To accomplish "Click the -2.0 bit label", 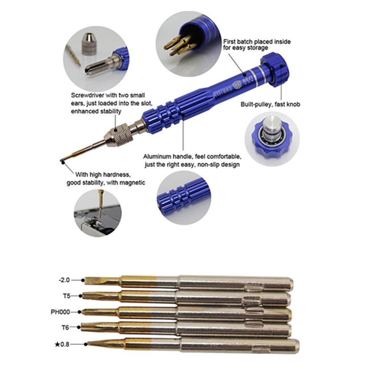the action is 64,280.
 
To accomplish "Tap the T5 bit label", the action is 67,296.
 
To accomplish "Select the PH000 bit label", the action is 60,312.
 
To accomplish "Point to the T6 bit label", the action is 66,327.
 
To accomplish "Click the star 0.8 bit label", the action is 62,344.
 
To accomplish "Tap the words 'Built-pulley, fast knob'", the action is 270,104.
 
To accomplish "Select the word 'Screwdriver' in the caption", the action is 87,95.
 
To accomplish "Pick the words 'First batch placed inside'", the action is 257,42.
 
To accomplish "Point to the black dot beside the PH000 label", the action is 79,312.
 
